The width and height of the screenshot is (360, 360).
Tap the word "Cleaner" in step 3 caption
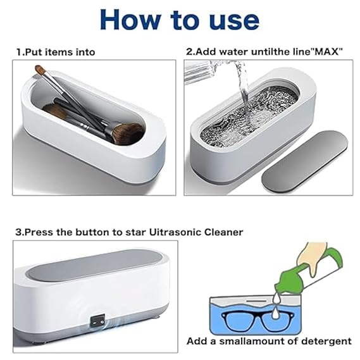point(221,232)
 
